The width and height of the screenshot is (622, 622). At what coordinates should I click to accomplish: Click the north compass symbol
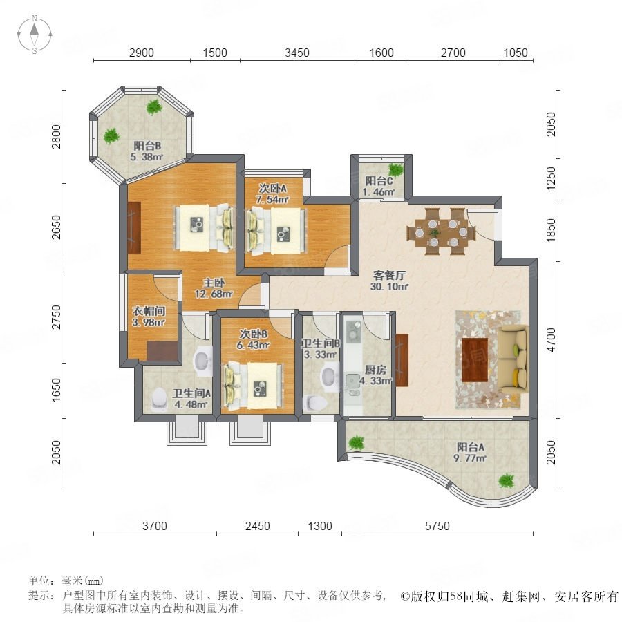(35, 34)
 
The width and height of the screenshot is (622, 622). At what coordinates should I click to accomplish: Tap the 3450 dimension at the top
(297, 53)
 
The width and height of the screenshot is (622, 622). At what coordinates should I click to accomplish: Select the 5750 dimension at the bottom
(437, 526)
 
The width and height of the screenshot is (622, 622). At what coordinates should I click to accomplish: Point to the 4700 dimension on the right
(552, 339)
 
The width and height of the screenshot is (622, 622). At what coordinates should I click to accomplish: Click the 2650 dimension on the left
(57, 227)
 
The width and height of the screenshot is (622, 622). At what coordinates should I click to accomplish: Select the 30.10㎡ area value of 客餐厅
(389, 286)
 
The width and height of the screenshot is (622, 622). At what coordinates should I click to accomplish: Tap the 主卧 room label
(214, 283)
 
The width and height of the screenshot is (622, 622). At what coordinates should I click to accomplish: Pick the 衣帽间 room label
(149, 312)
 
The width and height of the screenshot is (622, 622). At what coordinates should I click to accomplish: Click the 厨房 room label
(375, 370)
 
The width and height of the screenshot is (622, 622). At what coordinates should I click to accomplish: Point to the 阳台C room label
(379, 181)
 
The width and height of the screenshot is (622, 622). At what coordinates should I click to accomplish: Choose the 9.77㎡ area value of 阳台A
(470, 459)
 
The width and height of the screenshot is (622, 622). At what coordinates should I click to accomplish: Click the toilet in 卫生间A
(159, 398)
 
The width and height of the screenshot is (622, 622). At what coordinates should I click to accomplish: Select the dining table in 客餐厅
(441, 232)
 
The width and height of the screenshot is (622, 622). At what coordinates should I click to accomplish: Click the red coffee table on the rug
(475, 360)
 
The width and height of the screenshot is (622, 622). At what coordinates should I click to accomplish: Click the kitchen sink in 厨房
(352, 381)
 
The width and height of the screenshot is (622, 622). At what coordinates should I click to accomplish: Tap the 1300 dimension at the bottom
(320, 526)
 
